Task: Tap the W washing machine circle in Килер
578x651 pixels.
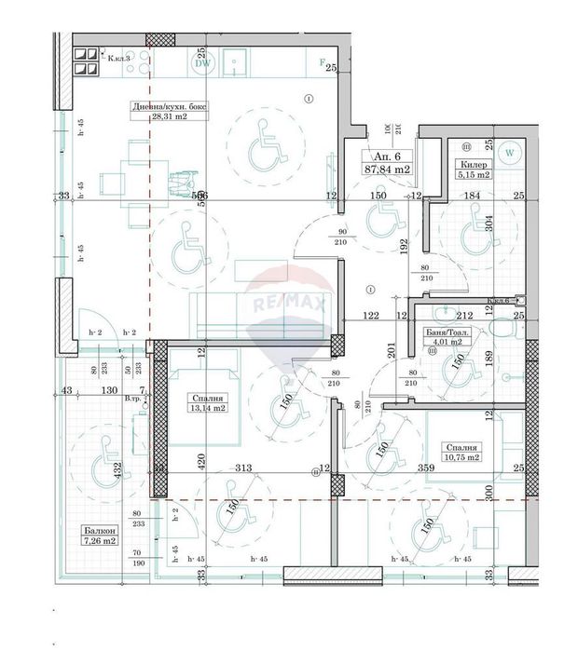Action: coord(510,153)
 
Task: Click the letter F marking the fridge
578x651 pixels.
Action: coord(323,63)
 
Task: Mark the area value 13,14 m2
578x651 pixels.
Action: coord(205,407)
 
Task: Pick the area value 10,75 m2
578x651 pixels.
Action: coord(461,457)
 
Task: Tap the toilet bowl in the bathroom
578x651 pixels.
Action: coord(505,332)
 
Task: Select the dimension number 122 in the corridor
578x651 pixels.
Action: coord(373,317)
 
